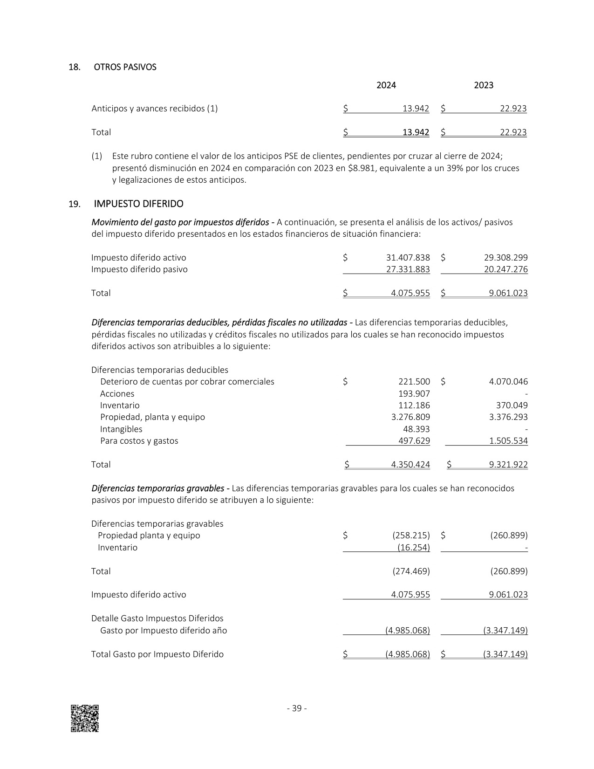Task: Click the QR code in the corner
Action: (x=84, y=718)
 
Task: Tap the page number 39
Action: (x=297, y=708)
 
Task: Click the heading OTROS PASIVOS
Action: (x=125, y=67)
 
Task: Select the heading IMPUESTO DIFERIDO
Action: (x=138, y=204)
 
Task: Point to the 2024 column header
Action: (x=386, y=85)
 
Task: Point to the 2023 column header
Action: (x=484, y=85)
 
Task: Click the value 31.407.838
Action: (x=408, y=258)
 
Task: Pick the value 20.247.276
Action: (x=506, y=269)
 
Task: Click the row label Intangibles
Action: (x=121, y=429)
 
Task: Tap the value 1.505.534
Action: (x=508, y=441)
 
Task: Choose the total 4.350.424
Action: (x=410, y=465)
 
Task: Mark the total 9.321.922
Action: (x=508, y=465)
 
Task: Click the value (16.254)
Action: (x=414, y=548)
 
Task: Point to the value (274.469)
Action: (x=411, y=571)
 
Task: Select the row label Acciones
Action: (x=117, y=394)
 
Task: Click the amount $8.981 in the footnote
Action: (x=360, y=168)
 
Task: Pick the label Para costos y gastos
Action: (x=139, y=441)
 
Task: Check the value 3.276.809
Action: (x=410, y=417)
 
